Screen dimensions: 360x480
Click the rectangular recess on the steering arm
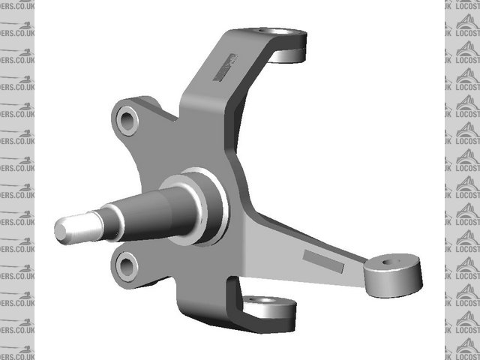(x=322, y=262)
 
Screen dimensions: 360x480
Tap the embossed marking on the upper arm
(x=224, y=67)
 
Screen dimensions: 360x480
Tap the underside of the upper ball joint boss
(x=286, y=55)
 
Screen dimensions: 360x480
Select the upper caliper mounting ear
(x=139, y=120)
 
